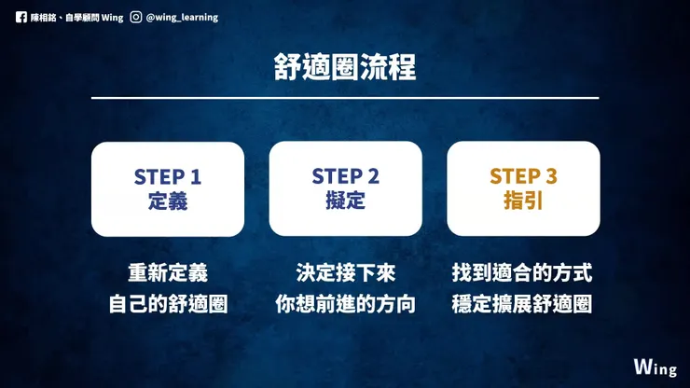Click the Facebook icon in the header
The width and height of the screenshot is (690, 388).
(x=21, y=16)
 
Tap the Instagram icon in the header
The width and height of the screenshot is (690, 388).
(x=136, y=16)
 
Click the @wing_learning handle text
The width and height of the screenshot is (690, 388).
(x=184, y=16)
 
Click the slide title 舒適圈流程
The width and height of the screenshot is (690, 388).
(x=345, y=67)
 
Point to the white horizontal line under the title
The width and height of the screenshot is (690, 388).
(x=345, y=98)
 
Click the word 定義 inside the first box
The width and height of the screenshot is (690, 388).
(x=168, y=201)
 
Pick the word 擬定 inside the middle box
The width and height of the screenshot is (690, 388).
(x=345, y=201)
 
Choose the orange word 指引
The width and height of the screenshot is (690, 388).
(x=523, y=201)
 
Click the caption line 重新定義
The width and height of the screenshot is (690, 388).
(x=168, y=273)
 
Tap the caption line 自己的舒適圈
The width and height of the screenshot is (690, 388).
(x=168, y=304)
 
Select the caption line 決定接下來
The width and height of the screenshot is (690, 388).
(x=345, y=273)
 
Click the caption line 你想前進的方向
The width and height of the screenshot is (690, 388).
(x=345, y=304)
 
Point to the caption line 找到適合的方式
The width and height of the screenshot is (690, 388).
(x=523, y=273)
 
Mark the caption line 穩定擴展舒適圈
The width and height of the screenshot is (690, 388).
(x=523, y=304)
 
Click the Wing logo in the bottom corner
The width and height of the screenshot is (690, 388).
(x=655, y=366)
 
